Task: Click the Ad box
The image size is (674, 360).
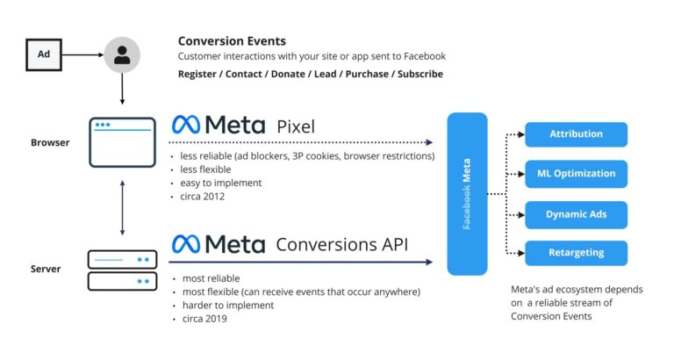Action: [x=44, y=54]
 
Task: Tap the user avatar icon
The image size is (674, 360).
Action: [x=122, y=54]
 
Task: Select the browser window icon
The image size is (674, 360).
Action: [x=122, y=141]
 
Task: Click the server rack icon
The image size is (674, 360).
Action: [x=122, y=270]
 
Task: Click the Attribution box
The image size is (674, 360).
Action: [x=576, y=134]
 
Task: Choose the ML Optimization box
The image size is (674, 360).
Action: [x=576, y=174]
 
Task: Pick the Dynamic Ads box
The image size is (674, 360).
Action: [x=576, y=214]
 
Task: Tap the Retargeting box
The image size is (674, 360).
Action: [x=576, y=253]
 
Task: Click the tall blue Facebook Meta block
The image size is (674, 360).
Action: [x=479, y=194]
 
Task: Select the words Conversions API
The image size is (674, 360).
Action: [x=341, y=244]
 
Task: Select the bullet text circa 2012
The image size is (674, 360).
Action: [x=203, y=196]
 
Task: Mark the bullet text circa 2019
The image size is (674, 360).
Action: [x=204, y=319]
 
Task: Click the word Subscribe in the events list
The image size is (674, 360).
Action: [x=419, y=74]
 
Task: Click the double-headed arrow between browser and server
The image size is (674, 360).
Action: [x=122, y=207]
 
